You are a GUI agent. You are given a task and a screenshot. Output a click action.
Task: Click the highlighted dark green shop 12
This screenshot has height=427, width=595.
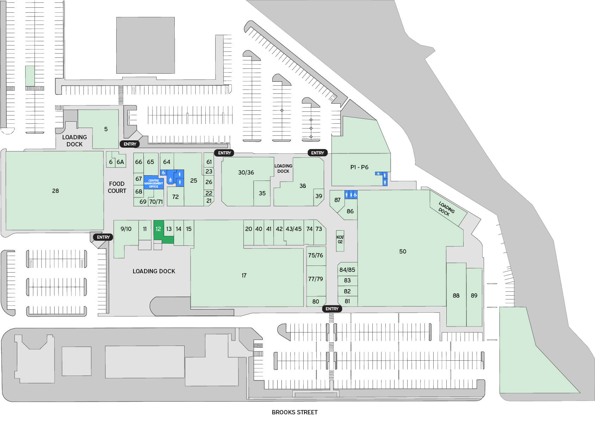(158, 230)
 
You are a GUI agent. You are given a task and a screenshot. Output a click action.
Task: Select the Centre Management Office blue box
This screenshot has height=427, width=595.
(154, 183)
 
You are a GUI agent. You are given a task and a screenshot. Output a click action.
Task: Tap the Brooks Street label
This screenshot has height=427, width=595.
(295, 412)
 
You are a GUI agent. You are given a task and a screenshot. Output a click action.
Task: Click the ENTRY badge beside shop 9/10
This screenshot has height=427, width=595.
(103, 237)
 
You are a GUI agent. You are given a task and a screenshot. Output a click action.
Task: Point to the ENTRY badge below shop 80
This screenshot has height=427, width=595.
(332, 309)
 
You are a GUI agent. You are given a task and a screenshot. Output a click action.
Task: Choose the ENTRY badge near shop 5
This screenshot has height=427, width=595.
(130, 144)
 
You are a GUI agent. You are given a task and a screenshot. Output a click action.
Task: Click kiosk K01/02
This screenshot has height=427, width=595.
(340, 240)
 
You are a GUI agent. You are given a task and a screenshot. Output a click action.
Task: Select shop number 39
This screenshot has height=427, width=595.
(318, 196)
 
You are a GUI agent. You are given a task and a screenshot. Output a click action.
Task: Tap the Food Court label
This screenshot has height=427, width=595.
(117, 187)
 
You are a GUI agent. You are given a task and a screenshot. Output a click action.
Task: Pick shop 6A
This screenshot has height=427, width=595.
(120, 162)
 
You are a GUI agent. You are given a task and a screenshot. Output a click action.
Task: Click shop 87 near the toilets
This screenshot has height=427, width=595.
(337, 200)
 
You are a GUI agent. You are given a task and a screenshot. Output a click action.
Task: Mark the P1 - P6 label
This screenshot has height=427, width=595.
(359, 167)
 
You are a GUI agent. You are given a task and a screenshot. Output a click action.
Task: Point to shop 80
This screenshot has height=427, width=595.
(316, 302)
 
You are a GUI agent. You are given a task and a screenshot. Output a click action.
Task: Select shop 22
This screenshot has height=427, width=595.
(209, 193)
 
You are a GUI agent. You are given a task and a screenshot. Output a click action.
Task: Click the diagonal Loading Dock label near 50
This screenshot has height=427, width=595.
(446, 208)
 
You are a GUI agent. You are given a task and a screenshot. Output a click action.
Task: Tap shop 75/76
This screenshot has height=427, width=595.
(315, 255)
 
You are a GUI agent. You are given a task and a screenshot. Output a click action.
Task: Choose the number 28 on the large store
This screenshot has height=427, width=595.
(55, 191)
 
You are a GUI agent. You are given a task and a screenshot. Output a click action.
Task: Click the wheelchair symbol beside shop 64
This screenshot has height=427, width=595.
(163, 173)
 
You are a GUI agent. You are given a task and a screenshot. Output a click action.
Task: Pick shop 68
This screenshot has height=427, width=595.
(138, 192)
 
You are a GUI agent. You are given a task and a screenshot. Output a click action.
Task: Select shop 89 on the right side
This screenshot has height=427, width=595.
(474, 295)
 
